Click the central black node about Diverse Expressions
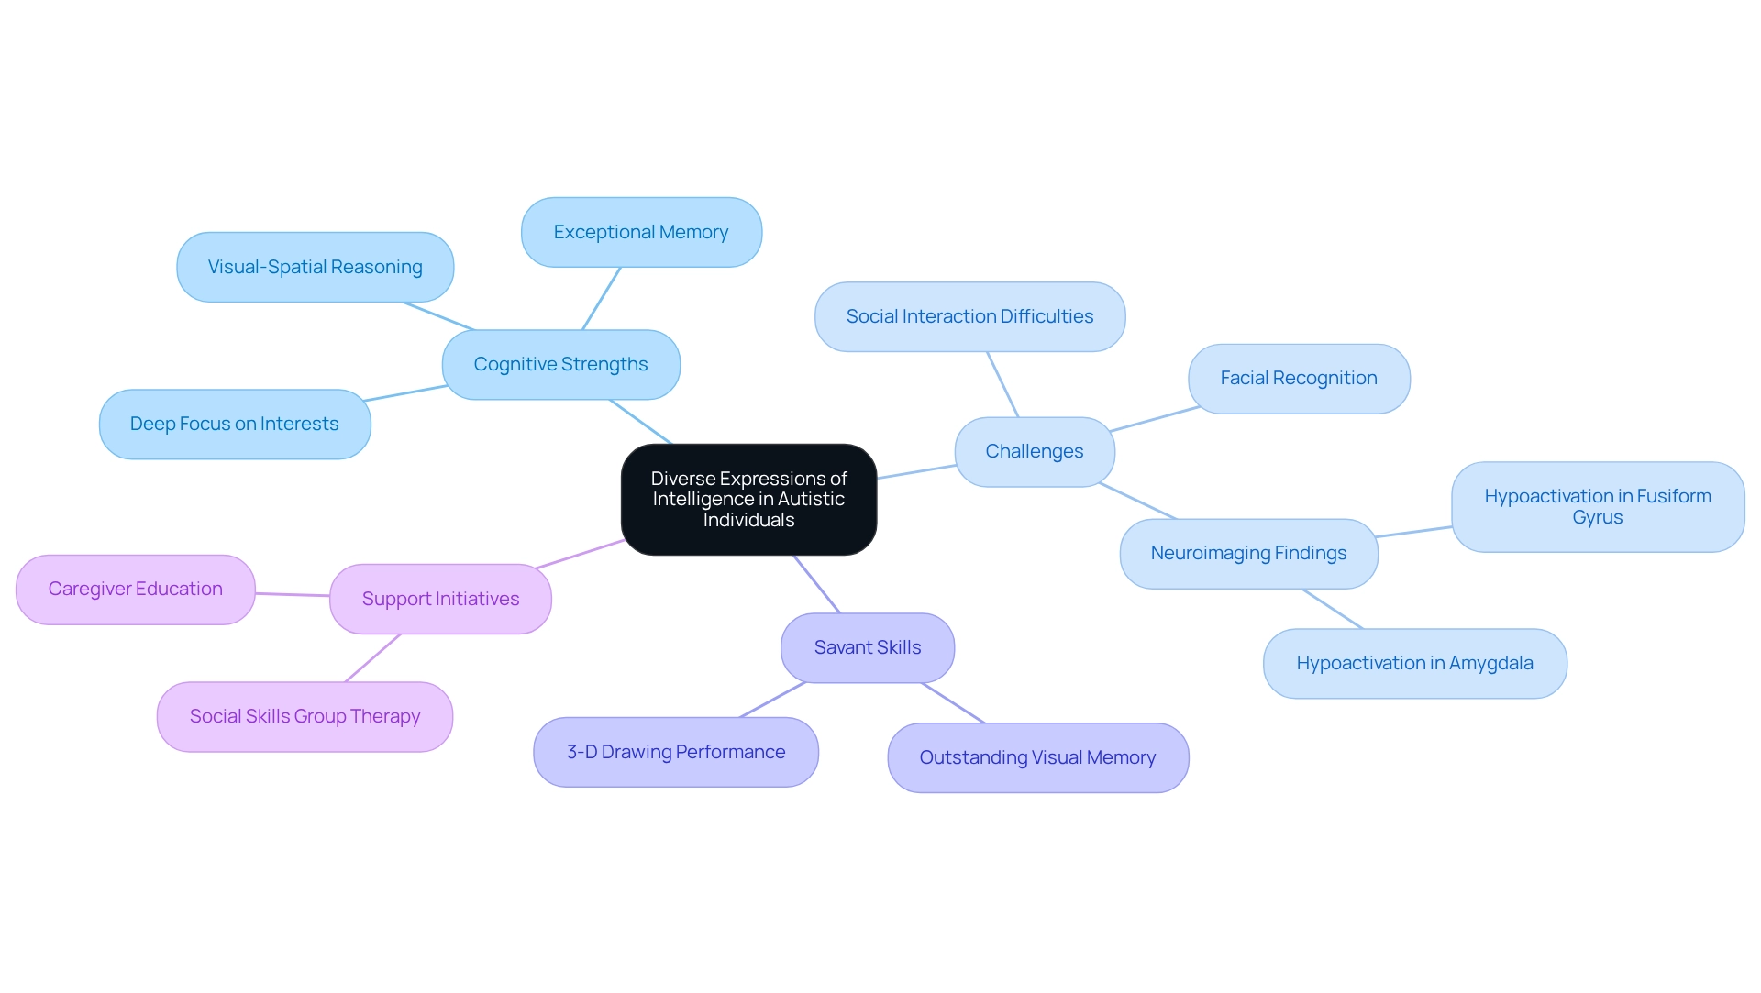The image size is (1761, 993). [x=748, y=500]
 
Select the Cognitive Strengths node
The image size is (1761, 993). [x=560, y=365]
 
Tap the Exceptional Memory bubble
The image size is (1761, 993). [x=641, y=233]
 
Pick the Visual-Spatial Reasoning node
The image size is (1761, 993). [x=315, y=268]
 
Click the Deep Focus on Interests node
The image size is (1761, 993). [x=234, y=425]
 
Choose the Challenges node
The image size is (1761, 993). [x=1034, y=452]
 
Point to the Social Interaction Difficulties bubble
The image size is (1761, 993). [x=969, y=317]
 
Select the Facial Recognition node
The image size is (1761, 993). [x=1298, y=379]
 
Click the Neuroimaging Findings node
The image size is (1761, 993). [x=1248, y=554]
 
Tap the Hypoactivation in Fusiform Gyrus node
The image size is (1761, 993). [x=1597, y=507]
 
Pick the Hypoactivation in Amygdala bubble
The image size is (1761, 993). [x=1414, y=664]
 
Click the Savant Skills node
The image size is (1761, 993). [x=867, y=648]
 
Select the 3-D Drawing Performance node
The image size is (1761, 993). [x=675, y=753]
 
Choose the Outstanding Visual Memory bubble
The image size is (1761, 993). [x=1037, y=758]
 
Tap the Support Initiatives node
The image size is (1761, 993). [x=440, y=600]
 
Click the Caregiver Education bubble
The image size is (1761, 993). [x=135, y=590]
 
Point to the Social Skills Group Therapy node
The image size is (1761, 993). [x=305, y=717]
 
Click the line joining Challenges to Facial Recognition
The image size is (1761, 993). [x=1155, y=419]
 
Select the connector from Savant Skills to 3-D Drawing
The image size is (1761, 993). [x=772, y=700]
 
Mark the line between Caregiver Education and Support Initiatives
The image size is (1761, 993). [x=292, y=595]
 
